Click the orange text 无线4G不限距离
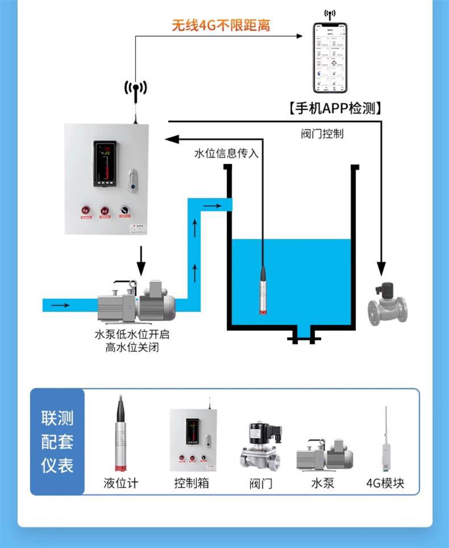[x=221, y=26]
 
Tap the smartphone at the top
[x=330, y=57]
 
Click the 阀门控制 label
[x=322, y=134]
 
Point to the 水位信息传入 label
[x=226, y=153]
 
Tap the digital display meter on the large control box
[x=105, y=164]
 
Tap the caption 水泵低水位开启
[x=132, y=335]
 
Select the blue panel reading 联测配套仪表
[x=57, y=442]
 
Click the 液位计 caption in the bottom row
[x=120, y=483]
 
